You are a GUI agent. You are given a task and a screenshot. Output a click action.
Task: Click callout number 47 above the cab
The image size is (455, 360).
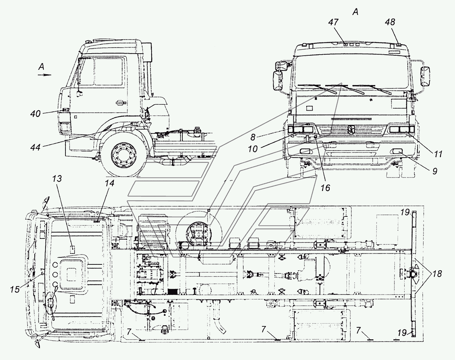point(334,22)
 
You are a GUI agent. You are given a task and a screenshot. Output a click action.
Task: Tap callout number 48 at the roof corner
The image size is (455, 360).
point(390,22)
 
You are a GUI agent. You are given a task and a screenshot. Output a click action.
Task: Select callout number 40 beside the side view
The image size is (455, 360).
point(35,114)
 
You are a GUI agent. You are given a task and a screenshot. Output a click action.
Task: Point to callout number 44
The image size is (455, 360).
point(35,147)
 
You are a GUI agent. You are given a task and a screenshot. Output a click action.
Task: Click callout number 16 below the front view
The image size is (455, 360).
point(325,188)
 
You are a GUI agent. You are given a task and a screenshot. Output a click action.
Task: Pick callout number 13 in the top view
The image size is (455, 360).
point(57,179)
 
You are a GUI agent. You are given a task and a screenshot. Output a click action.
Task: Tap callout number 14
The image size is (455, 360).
point(109,183)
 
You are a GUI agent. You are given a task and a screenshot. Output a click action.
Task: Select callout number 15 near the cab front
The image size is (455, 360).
point(15,289)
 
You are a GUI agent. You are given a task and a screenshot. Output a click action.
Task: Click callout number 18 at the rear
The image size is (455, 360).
point(437,274)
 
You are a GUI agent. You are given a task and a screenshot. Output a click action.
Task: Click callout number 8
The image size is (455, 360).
point(253,138)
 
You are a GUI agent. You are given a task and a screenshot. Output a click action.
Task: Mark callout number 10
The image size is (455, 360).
point(253,149)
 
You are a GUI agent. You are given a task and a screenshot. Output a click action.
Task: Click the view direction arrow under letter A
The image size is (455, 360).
point(44,75)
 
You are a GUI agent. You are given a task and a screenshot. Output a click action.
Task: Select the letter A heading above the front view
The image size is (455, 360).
point(355,12)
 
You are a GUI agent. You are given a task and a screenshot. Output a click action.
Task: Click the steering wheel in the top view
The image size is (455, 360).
point(51,304)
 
